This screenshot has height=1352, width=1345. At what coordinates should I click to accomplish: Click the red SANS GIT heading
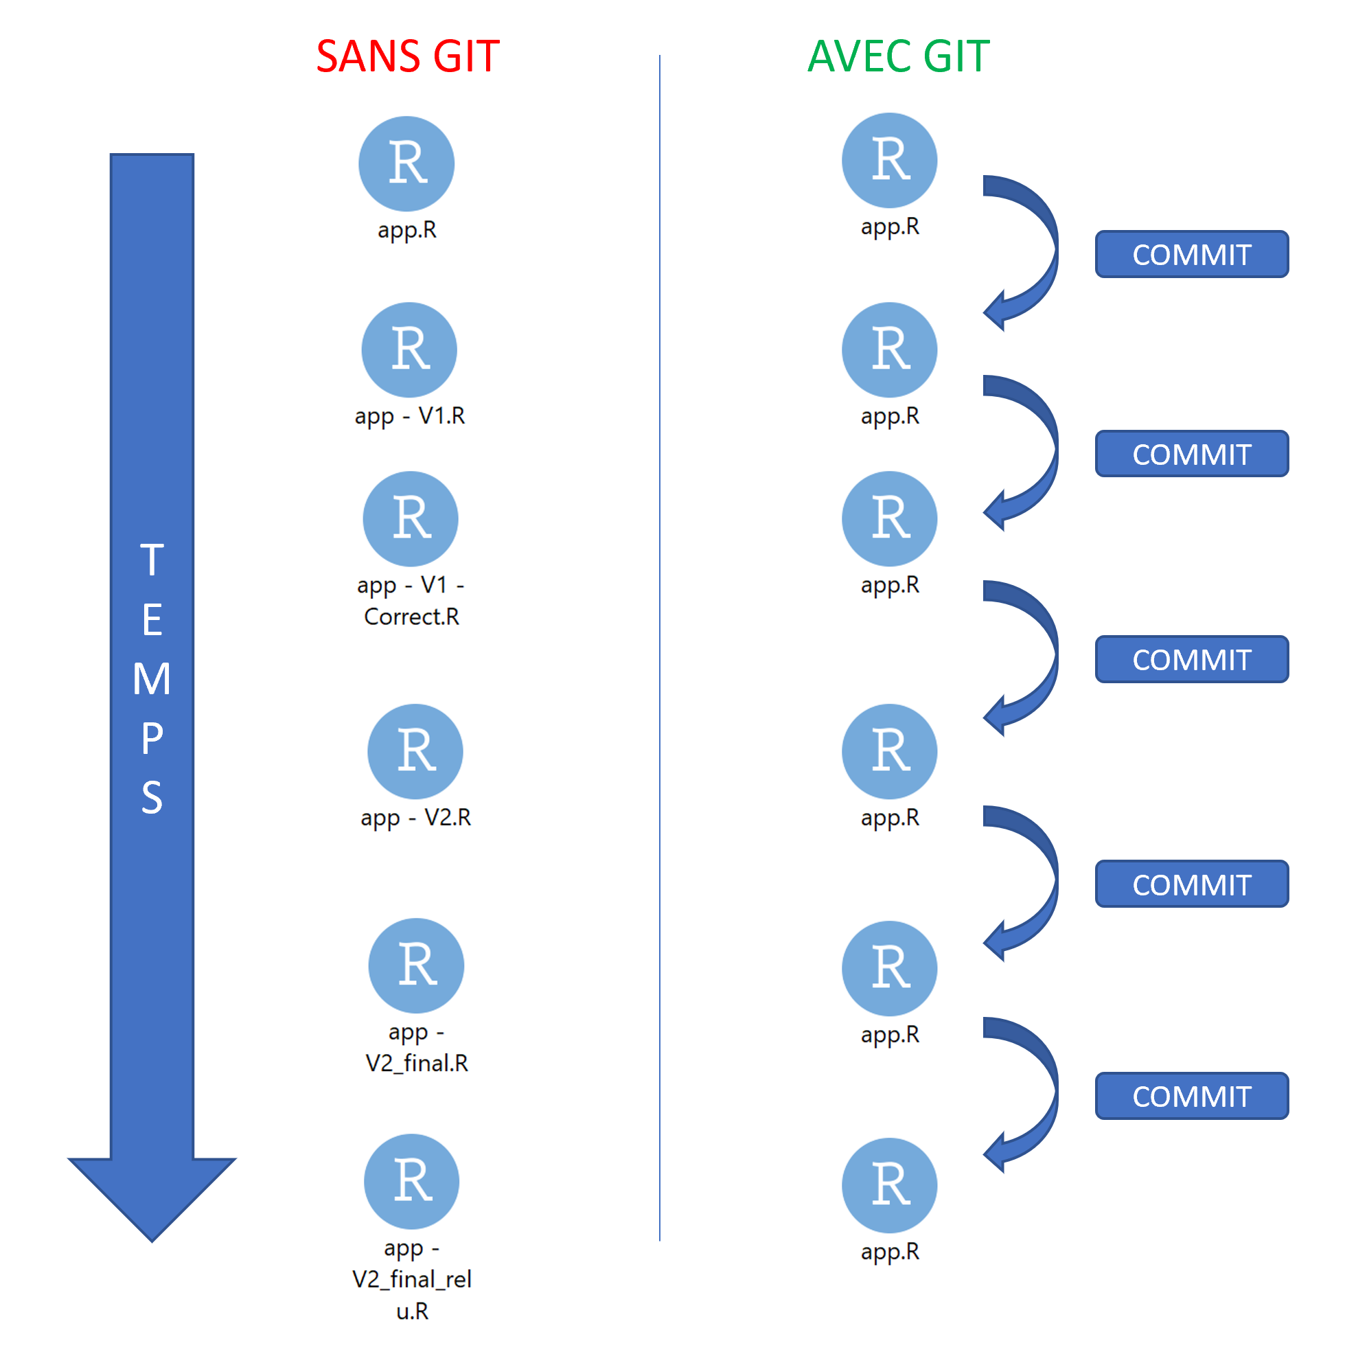(x=407, y=56)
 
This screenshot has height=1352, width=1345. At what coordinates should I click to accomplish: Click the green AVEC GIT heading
(x=898, y=56)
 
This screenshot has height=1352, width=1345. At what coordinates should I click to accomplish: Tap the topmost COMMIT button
(x=1191, y=254)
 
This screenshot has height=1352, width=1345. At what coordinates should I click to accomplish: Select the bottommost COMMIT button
(x=1191, y=1096)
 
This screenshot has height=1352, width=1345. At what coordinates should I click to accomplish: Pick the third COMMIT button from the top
(x=1191, y=659)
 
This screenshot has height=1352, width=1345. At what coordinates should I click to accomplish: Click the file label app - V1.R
(x=409, y=415)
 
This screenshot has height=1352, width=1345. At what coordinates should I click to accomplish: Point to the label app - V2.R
(x=415, y=817)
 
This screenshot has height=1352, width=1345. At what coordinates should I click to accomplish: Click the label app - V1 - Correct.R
(x=411, y=600)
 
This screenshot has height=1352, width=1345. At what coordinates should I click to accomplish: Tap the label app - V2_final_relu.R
(x=411, y=1279)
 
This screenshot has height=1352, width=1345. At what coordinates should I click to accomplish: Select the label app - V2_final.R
(x=416, y=1048)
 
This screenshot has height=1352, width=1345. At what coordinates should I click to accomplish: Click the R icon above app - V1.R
(x=409, y=350)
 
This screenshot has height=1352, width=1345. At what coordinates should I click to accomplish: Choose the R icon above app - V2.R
(x=415, y=751)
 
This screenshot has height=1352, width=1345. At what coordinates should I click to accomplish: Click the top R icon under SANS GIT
(x=406, y=163)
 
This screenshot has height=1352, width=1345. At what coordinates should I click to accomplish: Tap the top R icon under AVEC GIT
(x=888, y=160)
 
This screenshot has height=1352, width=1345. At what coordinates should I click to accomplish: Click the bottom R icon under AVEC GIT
(x=888, y=1185)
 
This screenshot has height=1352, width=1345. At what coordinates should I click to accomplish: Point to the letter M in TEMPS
(x=152, y=679)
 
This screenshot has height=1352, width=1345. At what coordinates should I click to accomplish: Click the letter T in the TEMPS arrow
(x=152, y=560)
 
